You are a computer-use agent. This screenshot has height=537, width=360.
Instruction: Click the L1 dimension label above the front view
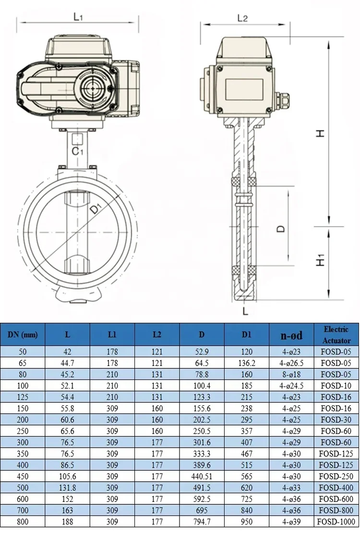pos(78,16)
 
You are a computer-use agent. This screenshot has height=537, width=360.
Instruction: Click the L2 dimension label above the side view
pos(242,18)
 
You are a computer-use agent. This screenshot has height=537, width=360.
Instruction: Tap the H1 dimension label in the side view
pos(321,260)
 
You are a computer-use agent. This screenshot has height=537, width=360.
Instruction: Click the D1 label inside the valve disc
pos(96,209)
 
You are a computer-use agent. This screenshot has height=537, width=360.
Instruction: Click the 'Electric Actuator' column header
pos(336,334)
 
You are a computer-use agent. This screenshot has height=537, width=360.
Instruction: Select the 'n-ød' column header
pos(291,335)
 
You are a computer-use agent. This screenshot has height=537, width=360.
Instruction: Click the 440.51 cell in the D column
pos(202,476)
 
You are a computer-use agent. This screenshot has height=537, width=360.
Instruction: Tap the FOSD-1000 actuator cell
pos(336,522)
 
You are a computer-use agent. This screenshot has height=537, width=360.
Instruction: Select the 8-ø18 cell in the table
pos(291,375)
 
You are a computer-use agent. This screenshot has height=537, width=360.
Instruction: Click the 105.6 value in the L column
pos(67,476)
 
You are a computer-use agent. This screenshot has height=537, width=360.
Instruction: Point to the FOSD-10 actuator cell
pos(336,386)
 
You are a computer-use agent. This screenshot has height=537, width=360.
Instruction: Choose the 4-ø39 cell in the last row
pos(291,522)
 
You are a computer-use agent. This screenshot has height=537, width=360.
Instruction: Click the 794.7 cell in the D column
pos(202,522)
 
